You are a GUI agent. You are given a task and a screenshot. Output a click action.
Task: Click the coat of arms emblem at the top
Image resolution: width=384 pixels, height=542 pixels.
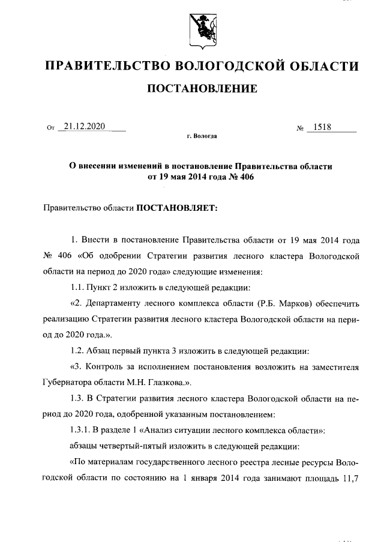(202, 29)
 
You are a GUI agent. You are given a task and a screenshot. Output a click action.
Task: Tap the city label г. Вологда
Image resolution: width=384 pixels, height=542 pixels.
(202, 137)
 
